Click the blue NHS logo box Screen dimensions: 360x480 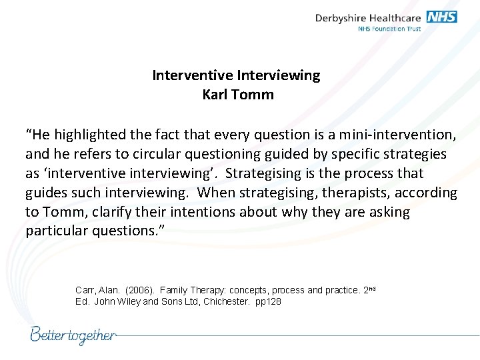coord(441,17)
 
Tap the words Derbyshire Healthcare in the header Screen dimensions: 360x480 coord(369,18)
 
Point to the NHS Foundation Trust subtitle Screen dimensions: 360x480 coord(390,29)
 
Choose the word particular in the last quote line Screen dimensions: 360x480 coord(55,231)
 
